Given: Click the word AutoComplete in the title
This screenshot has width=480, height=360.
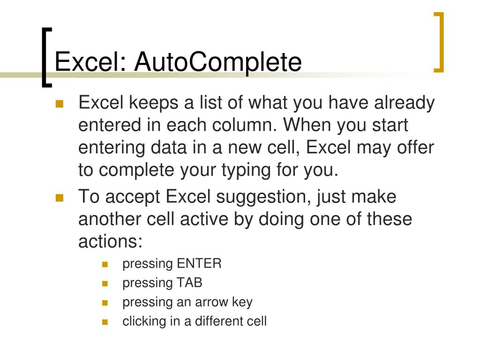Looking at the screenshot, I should [218, 62].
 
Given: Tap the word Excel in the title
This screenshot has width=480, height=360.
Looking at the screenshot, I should [90, 62].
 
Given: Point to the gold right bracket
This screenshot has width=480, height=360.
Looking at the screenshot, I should [439, 43].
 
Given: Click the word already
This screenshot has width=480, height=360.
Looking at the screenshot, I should [404, 103].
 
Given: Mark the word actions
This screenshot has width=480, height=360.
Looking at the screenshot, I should [110, 242].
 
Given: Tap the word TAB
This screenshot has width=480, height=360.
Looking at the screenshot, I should [189, 283].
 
